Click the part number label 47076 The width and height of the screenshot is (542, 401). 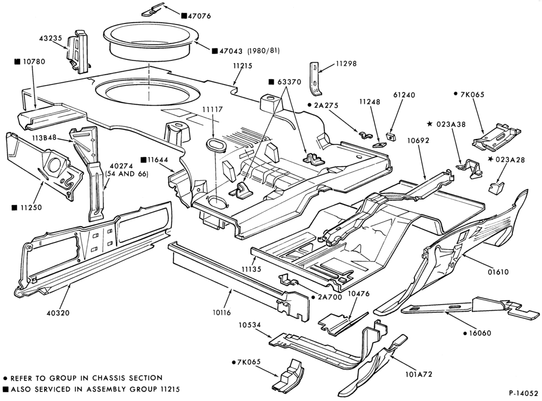coord(199,16)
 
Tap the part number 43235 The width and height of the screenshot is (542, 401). coord(51,38)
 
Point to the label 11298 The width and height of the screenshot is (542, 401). coord(346,64)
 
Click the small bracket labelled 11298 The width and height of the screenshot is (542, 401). coord(315,79)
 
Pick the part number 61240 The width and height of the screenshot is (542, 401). coord(404,95)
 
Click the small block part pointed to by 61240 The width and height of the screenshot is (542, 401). coord(391,136)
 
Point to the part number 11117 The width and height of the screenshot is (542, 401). coord(213,110)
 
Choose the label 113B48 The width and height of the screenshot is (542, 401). coord(44,138)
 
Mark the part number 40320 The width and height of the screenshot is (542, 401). coord(58,313)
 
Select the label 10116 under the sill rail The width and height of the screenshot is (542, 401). coord(221,312)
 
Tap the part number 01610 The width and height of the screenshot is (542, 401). coord(498,272)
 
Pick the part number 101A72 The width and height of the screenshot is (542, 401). coord(418,374)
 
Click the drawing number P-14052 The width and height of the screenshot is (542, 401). coord(523,393)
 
